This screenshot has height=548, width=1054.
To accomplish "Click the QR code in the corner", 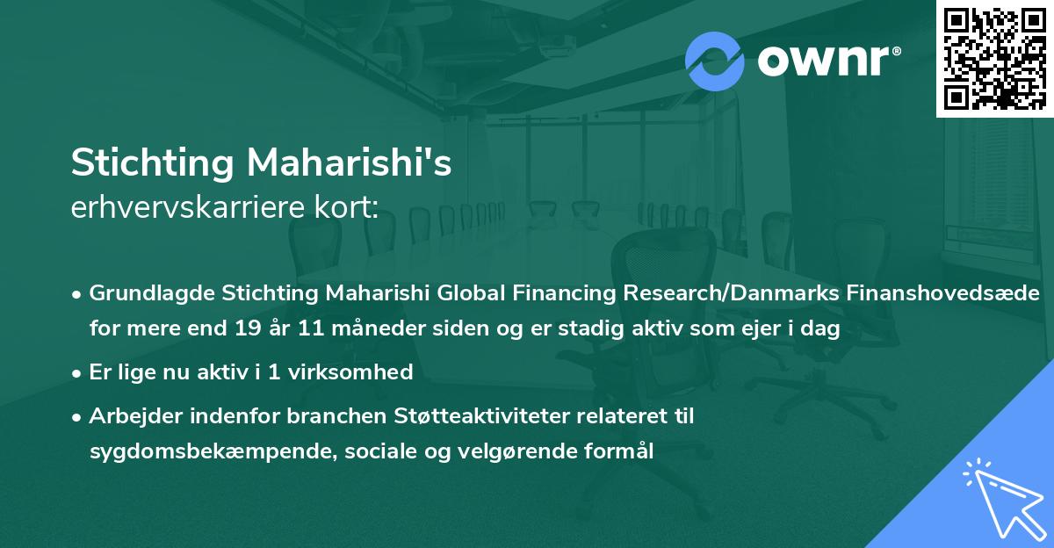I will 995,59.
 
